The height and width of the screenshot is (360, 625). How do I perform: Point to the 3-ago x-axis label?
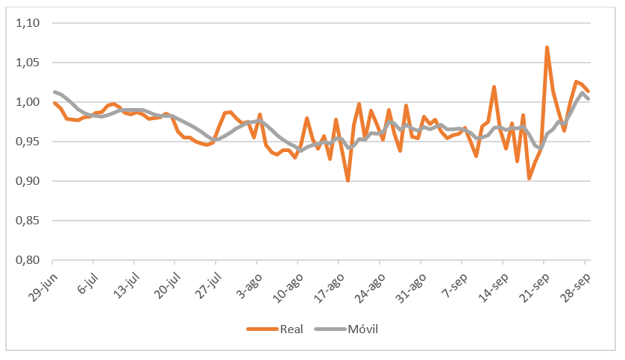coord(245,282)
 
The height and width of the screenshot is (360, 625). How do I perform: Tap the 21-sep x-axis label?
coord(532,282)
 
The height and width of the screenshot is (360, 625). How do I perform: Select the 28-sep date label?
coord(573,282)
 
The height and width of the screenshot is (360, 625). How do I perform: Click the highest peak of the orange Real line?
coord(547,48)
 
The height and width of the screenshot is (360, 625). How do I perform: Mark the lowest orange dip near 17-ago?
coord(348,180)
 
